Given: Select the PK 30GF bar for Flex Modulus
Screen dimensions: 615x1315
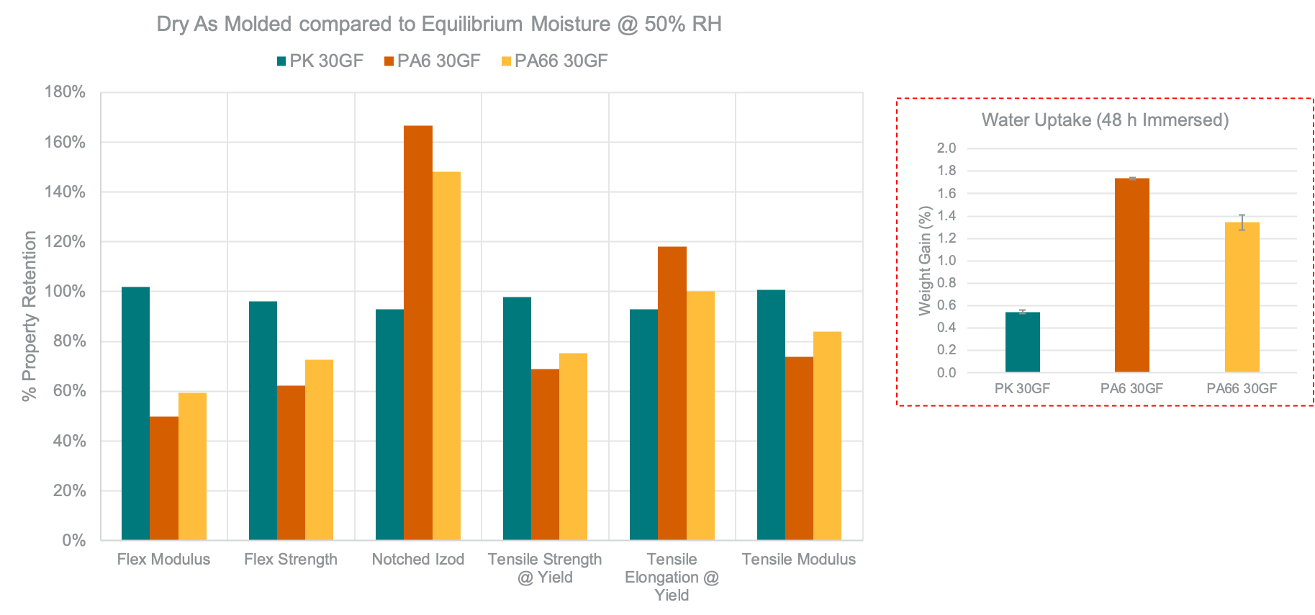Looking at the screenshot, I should coord(135,413).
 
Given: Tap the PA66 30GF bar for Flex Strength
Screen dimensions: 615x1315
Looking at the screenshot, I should coord(319,449).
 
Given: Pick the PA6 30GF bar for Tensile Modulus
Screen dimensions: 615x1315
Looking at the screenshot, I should coord(799,448).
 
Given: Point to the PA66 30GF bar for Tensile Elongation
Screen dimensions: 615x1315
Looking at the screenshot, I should coord(700,416).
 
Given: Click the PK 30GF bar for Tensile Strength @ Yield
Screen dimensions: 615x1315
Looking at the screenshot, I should coord(517,418).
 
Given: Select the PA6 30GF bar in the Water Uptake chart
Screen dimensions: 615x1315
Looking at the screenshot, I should coord(1131,275).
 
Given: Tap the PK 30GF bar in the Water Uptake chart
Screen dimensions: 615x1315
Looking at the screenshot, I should coord(1022,342).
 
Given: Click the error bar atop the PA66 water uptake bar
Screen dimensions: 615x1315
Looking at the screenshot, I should coord(1242,222).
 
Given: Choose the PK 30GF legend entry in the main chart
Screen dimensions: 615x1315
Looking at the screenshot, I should coord(320,61).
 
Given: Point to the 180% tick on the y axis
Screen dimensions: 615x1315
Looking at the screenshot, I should coord(65,92).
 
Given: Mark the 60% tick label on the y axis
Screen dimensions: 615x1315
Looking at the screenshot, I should coord(68,391).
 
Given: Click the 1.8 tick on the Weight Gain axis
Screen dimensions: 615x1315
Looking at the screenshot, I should coord(946,171).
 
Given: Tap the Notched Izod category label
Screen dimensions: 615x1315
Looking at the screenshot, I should coord(418,560).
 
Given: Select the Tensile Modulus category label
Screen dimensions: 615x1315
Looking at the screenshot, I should coord(799,560).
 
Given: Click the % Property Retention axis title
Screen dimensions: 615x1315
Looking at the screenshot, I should coord(30,315).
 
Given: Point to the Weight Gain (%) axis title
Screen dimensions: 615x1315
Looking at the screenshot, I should coord(925,261).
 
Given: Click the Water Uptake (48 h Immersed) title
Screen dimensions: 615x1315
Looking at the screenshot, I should coord(1105,120).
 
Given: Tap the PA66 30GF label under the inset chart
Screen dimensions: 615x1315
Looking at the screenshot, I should coord(1242,389).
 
